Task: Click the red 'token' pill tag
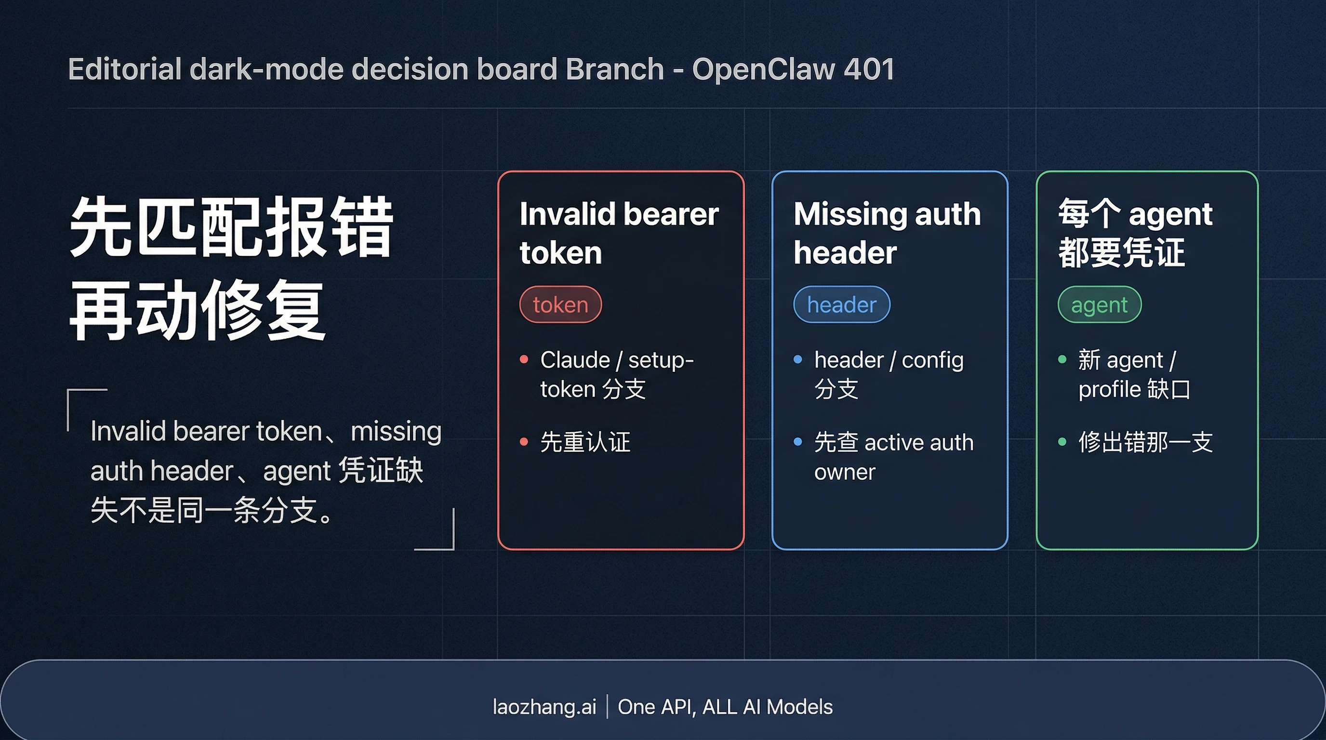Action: (x=560, y=304)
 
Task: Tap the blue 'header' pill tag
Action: (x=841, y=304)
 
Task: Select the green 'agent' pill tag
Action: (x=1099, y=304)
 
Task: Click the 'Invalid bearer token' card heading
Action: (x=618, y=233)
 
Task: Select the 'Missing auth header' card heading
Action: (x=887, y=233)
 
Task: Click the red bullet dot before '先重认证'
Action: (x=524, y=441)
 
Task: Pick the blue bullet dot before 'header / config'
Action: (x=798, y=359)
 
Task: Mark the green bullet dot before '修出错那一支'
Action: (x=1062, y=441)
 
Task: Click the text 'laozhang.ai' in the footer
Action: (x=544, y=707)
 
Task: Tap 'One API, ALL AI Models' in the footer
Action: (x=725, y=707)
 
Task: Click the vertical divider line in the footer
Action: (x=608, y=707)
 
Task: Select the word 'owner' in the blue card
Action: (x=844, y=472)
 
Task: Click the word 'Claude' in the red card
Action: (x=574, y=360)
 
